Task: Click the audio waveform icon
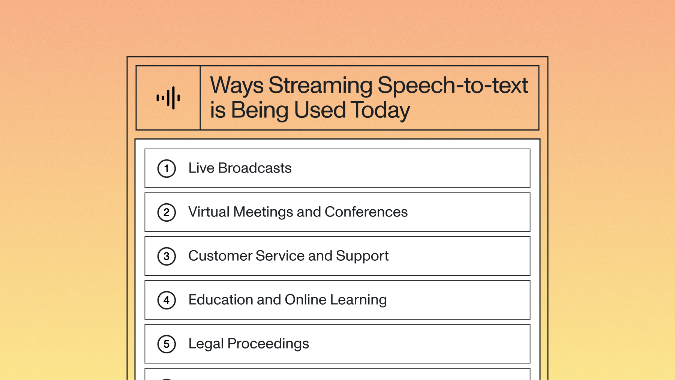click(168, 98)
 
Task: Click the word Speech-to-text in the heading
click(453, 86)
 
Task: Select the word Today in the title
click(381, 111)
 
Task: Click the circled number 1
click(166, 168)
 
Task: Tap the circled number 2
click(166, 212)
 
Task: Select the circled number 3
click(166, 256)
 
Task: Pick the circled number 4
click(166, 300)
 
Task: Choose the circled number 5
click(166, 344)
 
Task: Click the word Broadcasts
click(255, 168)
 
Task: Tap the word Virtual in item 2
click(208, 212)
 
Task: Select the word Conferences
click(366, 212)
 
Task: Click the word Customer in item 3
click(220, 256)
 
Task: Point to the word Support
click(362, 256)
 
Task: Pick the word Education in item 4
click(220, 300)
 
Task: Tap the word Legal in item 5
click(206, 344)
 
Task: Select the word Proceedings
click(268, 344)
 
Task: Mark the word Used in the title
click(319, 111)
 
